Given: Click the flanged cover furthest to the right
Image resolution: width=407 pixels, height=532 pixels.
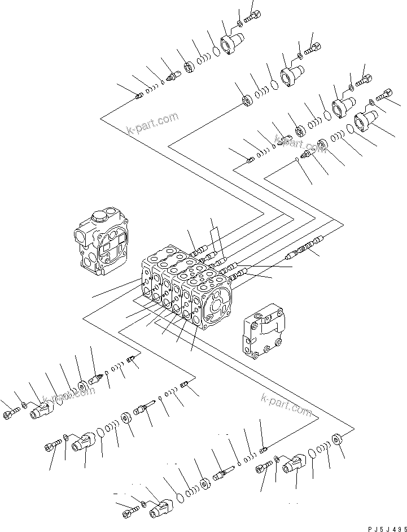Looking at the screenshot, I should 366,121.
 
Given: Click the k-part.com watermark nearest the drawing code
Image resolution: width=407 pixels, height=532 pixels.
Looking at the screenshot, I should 286,405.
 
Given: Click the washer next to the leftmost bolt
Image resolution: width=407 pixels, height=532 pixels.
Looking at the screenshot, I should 24,405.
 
